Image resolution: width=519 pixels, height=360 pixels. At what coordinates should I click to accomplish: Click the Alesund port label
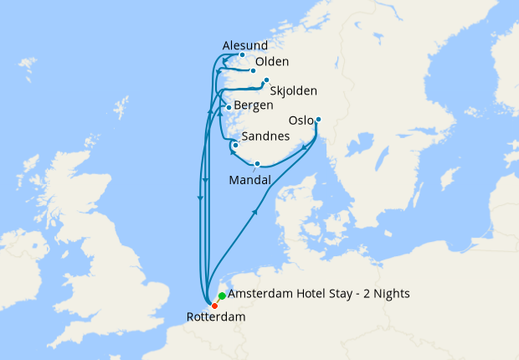244,45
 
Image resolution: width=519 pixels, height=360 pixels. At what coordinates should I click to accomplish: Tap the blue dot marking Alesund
243,56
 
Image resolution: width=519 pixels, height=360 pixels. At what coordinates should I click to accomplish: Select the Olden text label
272,62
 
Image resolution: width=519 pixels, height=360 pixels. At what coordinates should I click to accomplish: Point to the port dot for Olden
253,71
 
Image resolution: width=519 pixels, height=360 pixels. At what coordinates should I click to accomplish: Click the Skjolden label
294,90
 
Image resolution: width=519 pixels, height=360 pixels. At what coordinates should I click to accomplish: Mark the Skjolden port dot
266,80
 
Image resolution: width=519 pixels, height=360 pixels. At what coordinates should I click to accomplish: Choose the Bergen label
254,105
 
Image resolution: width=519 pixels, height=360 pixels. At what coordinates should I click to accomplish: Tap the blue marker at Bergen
229,108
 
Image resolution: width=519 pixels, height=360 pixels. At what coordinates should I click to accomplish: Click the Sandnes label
265,136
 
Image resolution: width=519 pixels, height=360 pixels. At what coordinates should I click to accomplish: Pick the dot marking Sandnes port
236,146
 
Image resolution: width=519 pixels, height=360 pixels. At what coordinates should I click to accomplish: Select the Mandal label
249,180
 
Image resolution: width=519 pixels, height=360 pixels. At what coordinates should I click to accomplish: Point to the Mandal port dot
258,163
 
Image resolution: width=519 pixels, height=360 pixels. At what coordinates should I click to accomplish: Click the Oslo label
301,121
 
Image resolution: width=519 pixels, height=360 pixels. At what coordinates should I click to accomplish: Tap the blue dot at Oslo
318,119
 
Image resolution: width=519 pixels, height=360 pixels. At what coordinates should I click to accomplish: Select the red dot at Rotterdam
214,305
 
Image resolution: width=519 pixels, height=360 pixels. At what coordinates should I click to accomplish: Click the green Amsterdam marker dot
221,296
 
